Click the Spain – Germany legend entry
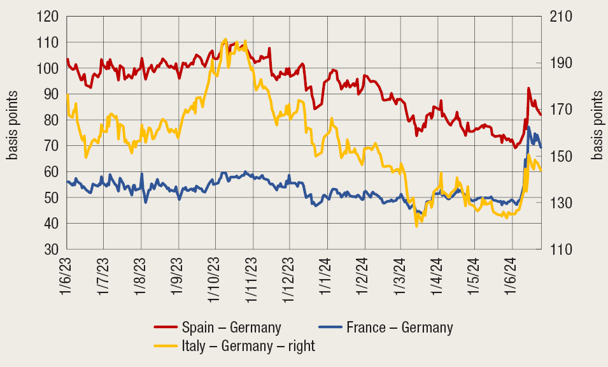point(231,327)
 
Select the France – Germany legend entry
point(400,327)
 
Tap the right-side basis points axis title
point(597,125)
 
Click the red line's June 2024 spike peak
point(528,89)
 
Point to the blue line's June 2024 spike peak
point(528,127)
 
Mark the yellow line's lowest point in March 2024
point(416,226)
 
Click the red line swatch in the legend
point(166,327)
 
